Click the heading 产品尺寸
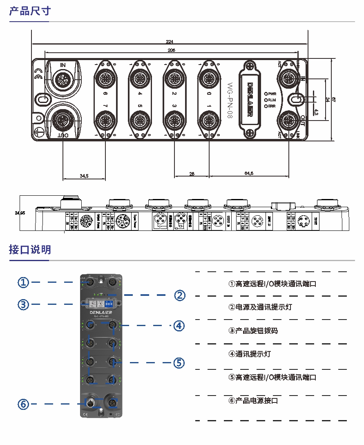[30, 11]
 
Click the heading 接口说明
[30, 249]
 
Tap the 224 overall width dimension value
[170, 41]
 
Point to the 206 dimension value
[172, 50]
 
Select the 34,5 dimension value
[84, 176]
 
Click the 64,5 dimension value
[249, 174]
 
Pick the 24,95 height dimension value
[20, 213]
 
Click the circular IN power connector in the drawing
[63, 79]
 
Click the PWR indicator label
[272, 94]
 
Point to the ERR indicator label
[272, 106]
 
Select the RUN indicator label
[272, 100]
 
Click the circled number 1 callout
[24, 282]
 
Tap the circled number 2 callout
[180, 295]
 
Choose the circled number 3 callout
[24, 304]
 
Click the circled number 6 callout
[24, 404]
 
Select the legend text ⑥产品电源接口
[253, 400]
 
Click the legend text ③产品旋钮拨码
[253, 331]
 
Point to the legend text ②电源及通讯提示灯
[260, 307]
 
